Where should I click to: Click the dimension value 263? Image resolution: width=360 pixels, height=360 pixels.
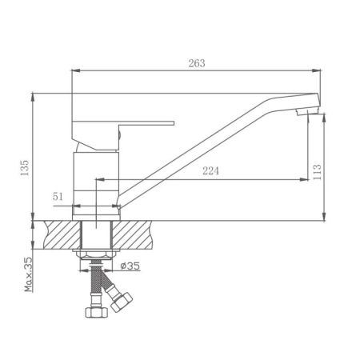[x=195, y=64]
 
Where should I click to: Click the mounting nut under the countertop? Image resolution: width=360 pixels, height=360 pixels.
[x=96, y=255]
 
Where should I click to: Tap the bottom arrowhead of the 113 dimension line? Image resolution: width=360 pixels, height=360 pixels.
[x=324, y=218]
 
